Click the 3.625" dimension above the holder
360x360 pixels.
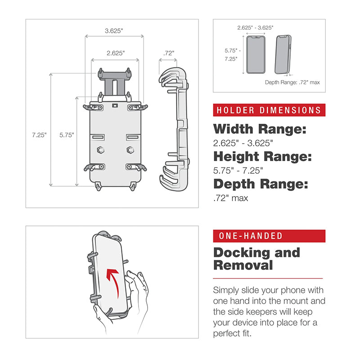pos(114,31)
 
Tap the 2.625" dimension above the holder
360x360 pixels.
pos(116,53)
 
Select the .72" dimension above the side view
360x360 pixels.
pos(169,53)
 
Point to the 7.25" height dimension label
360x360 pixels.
pos(39,135)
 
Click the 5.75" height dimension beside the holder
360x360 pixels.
pos(67,135)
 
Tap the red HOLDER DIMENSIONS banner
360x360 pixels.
pos(269,110)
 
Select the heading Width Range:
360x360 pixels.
pos(259,130)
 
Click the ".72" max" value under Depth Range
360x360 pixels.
pos(230,198)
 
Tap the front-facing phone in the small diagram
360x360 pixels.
pos(256,54)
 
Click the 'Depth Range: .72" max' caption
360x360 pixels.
pos(292,82)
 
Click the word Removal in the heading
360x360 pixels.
pos(243,265)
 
